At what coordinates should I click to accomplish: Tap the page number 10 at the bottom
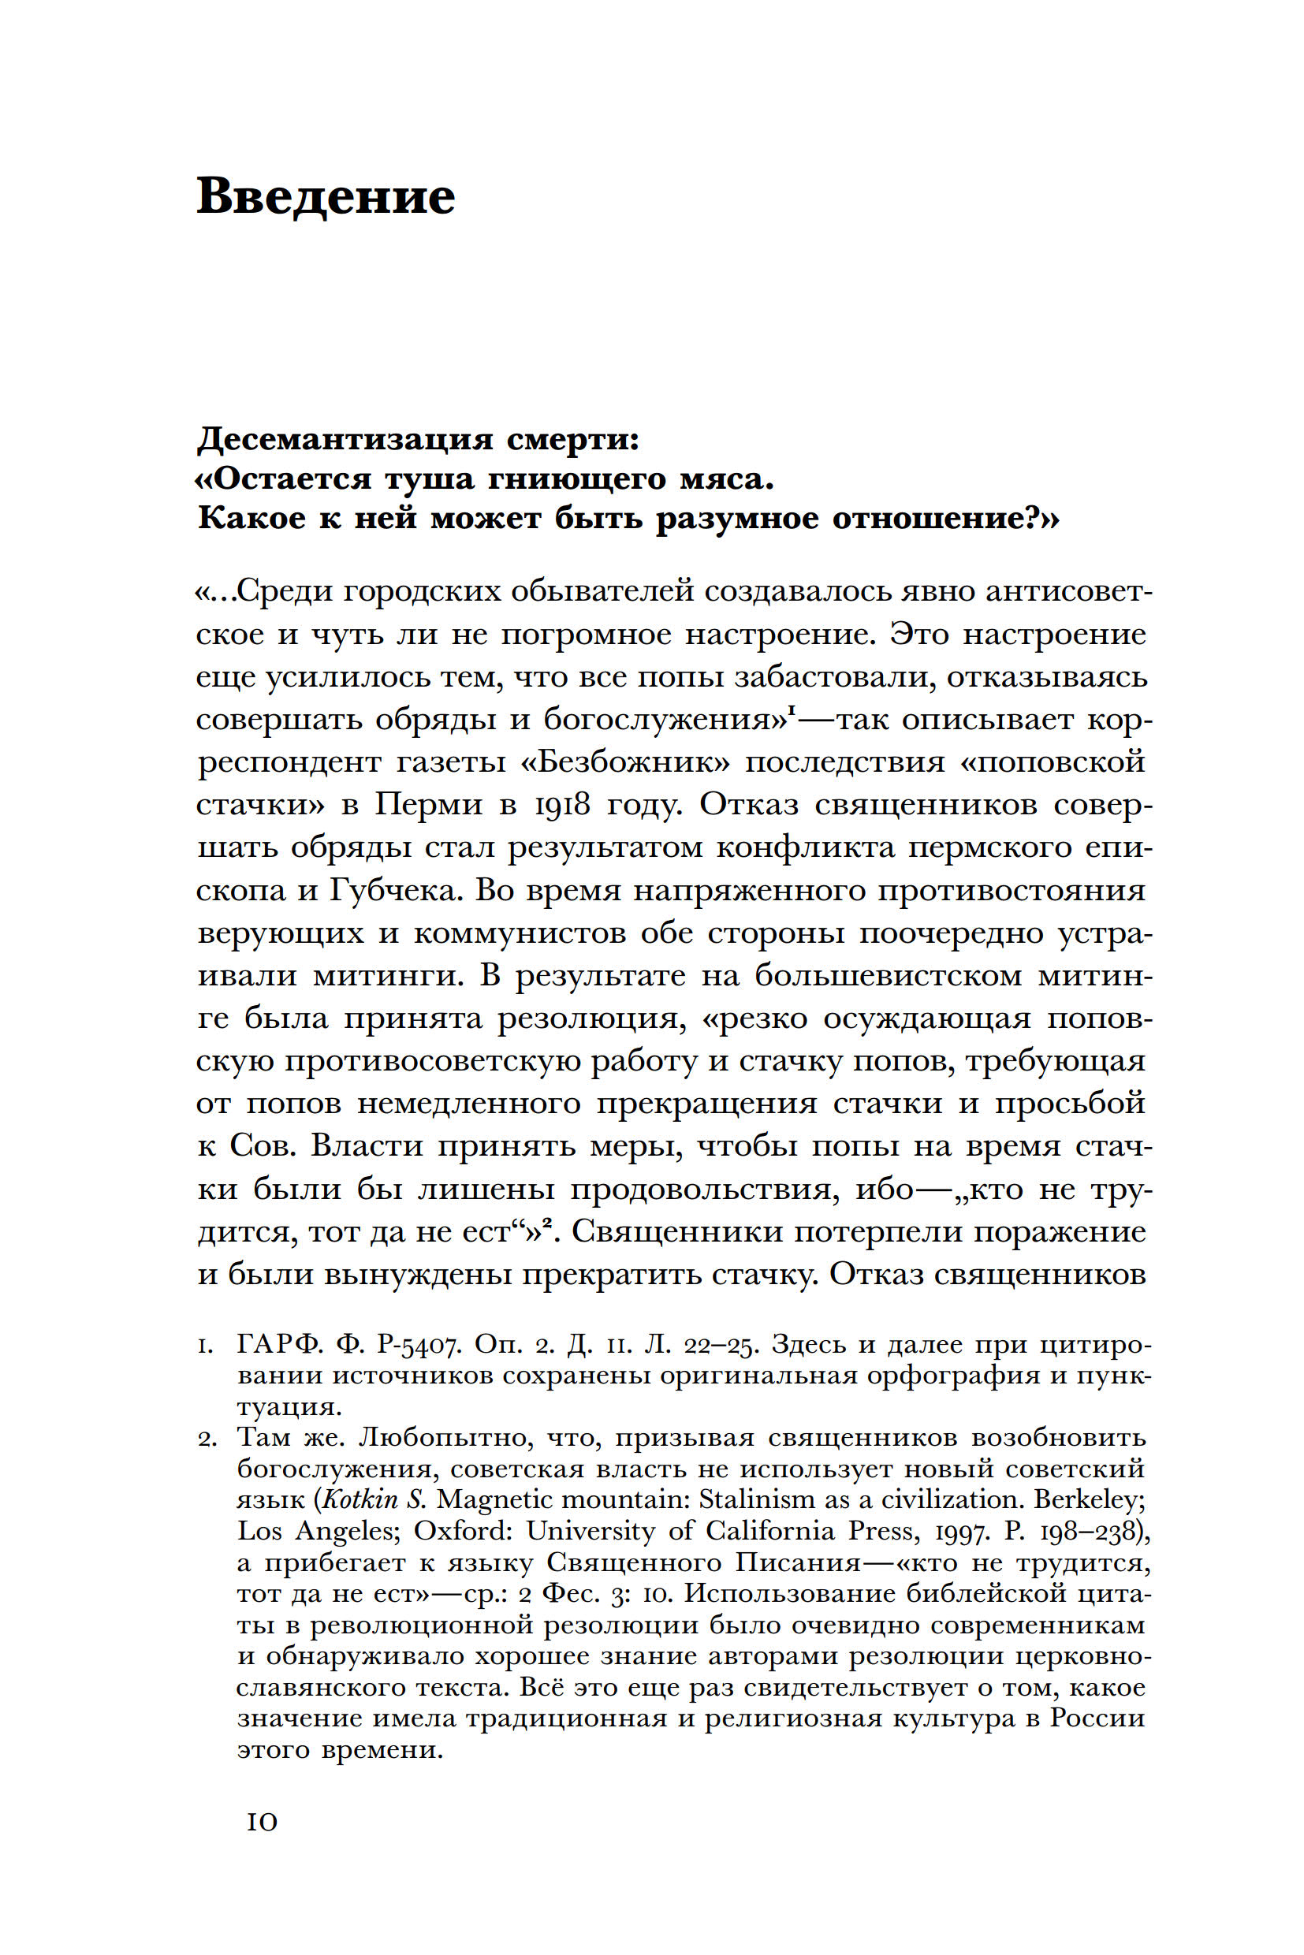pos(262,1823)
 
